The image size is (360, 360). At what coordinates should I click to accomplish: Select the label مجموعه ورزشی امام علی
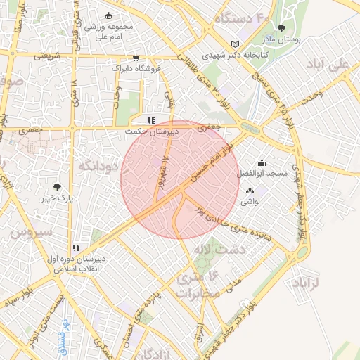click(108, 30)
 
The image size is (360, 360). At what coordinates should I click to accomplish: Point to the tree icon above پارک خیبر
click(57, 187)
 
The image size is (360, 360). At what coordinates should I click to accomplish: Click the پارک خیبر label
click(57, 198)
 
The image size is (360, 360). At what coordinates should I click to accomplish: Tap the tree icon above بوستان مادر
click(281, 29)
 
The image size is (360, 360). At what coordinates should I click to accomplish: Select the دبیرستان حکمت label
click(152, 131)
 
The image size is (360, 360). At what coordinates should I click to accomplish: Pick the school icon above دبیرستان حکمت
click(151, 120)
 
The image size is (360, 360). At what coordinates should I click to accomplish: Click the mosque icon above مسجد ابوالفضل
click(262, 162)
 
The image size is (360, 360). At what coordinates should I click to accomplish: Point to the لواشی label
click(250, 201)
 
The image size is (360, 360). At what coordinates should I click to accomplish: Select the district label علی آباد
click(328, 65)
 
